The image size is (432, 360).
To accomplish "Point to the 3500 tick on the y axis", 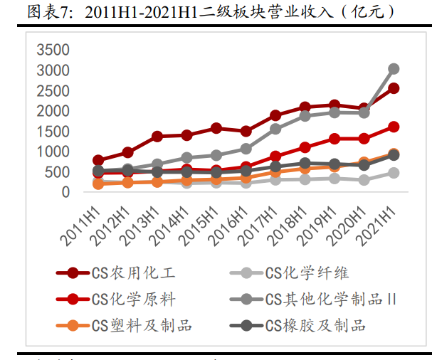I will [53, 50].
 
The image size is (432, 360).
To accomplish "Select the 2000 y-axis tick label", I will [53, 111].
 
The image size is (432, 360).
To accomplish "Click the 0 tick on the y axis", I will [65, 192].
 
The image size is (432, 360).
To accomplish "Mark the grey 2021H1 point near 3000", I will [394, 69].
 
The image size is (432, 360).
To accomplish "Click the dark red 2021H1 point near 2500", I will [394, 88].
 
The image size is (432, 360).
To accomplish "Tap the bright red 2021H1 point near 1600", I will [394, 127].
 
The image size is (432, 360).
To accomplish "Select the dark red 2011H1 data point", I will [98, 160].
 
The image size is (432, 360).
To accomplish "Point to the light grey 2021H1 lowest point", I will [394, 173].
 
